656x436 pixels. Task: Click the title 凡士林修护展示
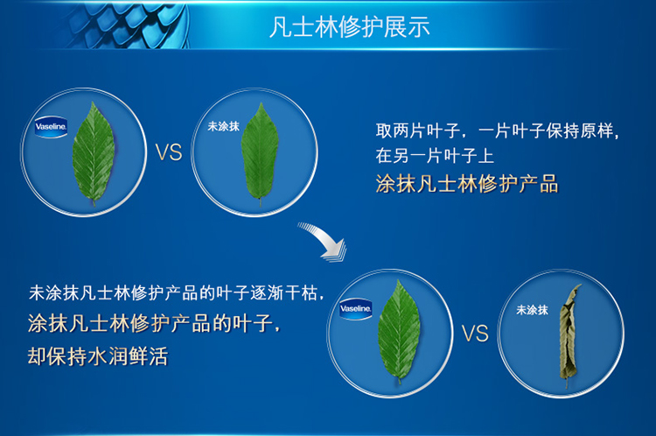[350, 28]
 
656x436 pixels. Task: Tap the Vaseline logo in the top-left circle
[51, 127]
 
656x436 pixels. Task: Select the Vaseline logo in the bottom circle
[356, 309]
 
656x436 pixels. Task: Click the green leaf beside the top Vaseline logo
[94, 154]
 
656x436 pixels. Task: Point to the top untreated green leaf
[260, 154]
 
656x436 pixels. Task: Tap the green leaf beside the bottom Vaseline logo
[399, 331]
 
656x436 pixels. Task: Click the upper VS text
[169, 152]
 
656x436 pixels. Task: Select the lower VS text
[475, 334]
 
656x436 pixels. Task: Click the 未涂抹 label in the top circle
[223, 126]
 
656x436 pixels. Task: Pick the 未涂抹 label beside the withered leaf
[532, 310]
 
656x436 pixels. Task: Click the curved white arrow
[325, 240]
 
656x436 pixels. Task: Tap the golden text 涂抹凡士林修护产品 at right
[467, 184]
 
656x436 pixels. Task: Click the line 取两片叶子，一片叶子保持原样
[497, 131]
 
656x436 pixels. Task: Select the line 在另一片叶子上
[435, 156]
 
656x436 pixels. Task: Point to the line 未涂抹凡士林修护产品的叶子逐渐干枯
[176, 292]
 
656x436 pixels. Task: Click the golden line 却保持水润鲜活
[98, 356]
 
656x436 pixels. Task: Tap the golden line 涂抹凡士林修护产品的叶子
[154, 324]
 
